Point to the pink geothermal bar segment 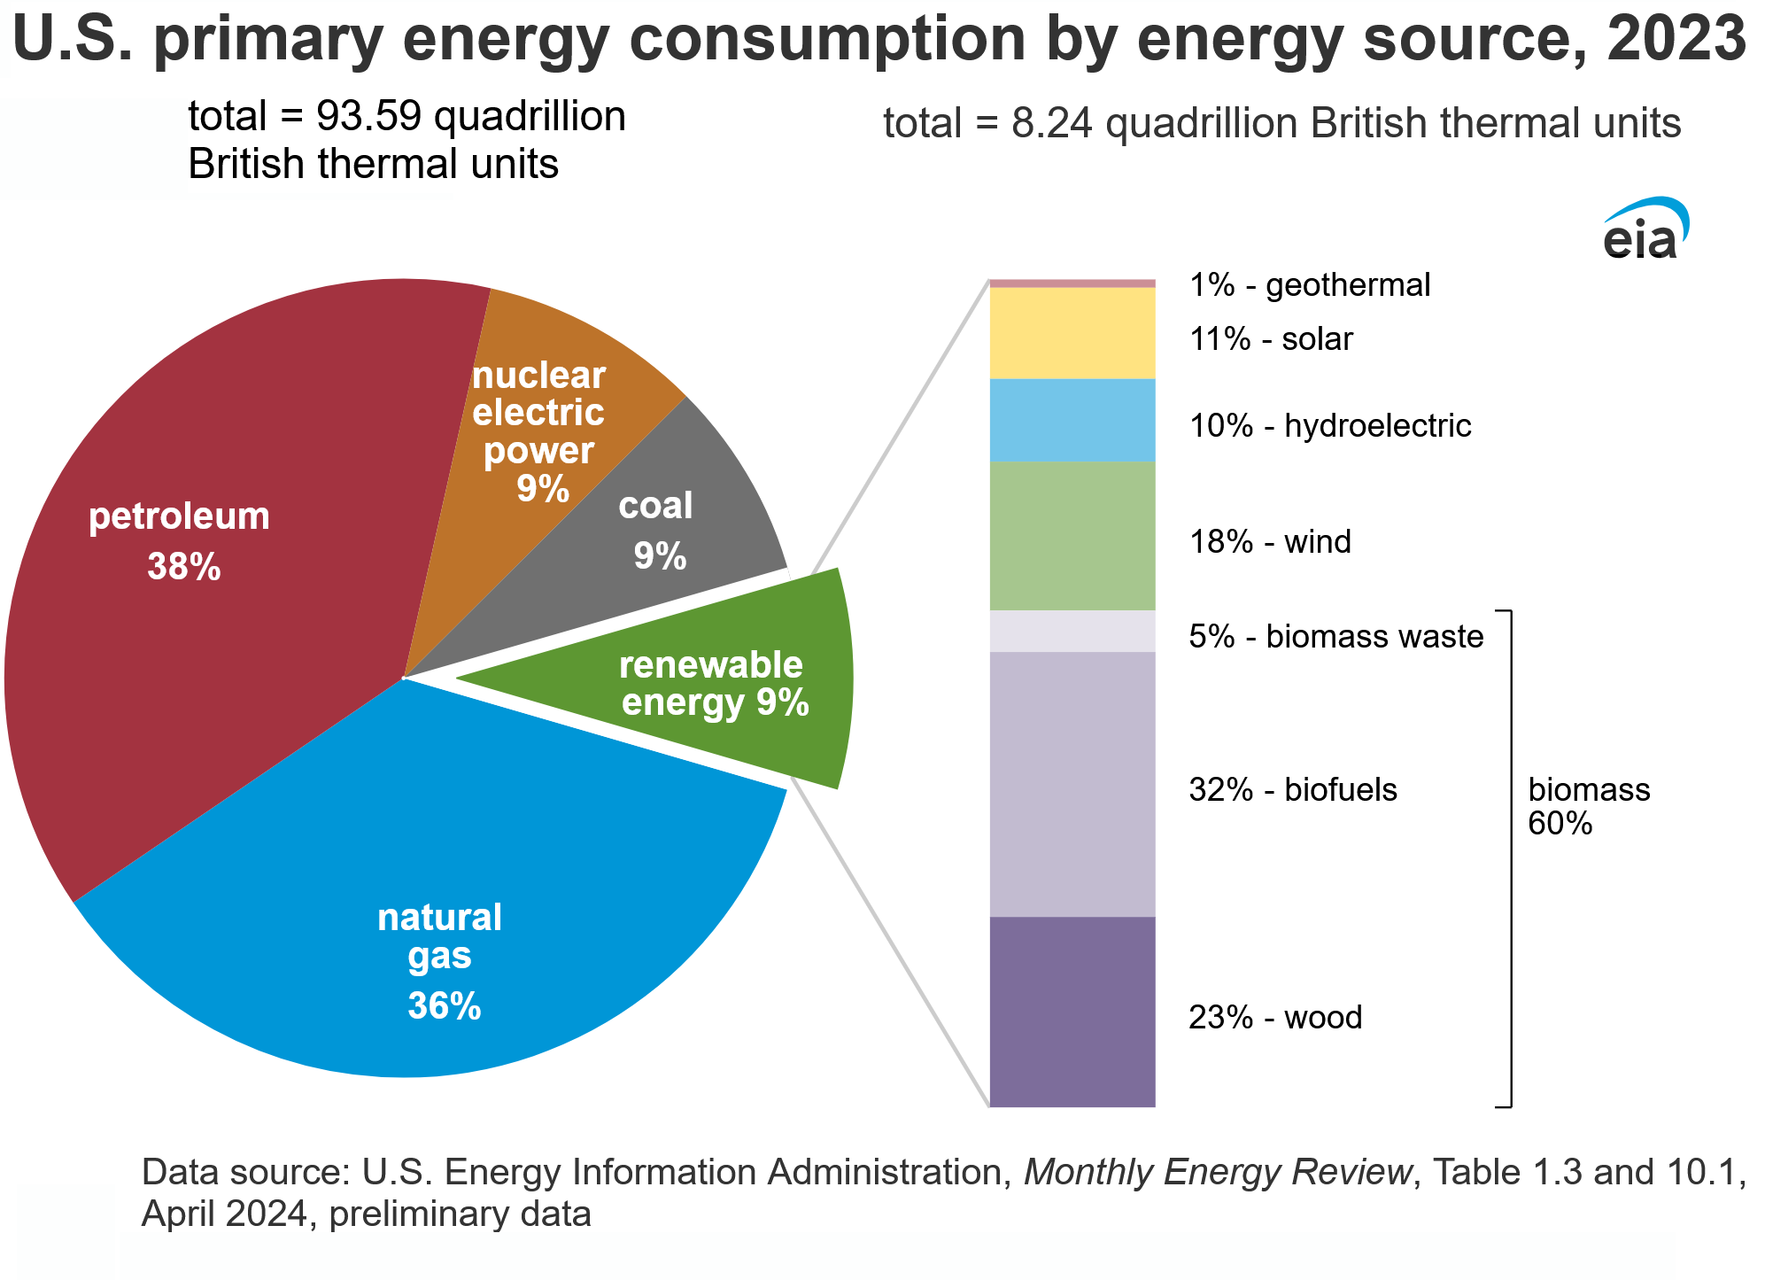pyautogui.click(x=1072, y=283)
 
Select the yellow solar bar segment pyautogui.click(x=1072, y=334)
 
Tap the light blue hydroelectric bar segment pyautogui.click(x=1072, y=421)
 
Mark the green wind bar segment pyautogui.click(x=1072, y=536)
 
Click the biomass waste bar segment pyautogui.click(x=1072, y=632)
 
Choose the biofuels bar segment pyautogui.click(x=1072, y=784)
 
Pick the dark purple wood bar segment pyautogui.click(x=1072, y=1012)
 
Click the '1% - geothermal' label pyautogui.click(x=1309, y=285)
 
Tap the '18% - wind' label pyautogui.click(x=1270, y=541)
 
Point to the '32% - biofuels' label pyautogui.click(x=1293, y=789)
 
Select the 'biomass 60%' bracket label pyautogui.click(x=1589, y=806)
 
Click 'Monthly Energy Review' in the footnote pyautogui.click(x=1218, y=1173)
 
